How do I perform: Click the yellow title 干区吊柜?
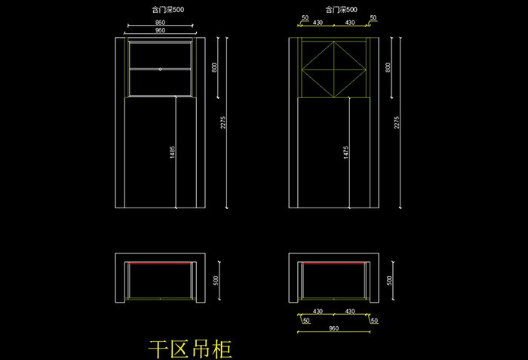click(189, 348)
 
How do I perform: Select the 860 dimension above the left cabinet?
click(160, 23)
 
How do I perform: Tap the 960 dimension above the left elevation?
click(160, 31)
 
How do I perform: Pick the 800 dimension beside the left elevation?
click(214, 67)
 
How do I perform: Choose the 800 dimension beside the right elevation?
click(388, 67)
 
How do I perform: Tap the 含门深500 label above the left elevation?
click(158, 10)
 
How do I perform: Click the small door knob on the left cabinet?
click(160, 69)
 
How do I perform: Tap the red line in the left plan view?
click(160, 263)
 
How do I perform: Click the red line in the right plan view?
click(333, 263)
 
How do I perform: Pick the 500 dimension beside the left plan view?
click(216, 279)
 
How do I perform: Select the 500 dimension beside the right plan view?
click(389, 279)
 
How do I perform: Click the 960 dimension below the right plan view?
click(333, 328)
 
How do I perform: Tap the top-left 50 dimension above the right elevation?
click(304, 17)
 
